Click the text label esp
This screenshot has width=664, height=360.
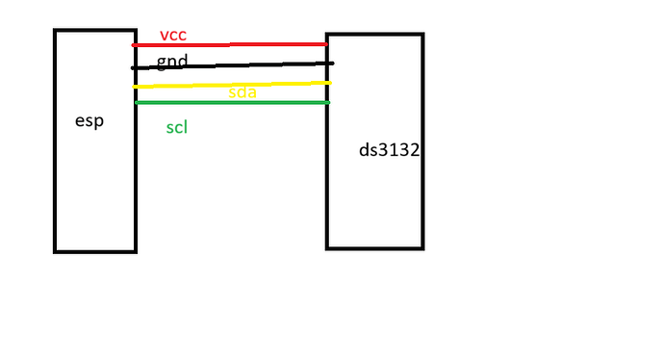[x=89, y=121]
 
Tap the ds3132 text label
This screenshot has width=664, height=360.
[x=388, y=151]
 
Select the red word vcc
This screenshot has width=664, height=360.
[x=172, y=36]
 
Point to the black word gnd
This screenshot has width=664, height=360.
[x=172, y=62]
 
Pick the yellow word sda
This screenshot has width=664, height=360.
[x=243, y=92]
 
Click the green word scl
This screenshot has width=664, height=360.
[x=176, y=127]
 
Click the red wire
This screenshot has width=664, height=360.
[x=231, y=44]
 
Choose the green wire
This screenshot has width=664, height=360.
[x=231, y=102]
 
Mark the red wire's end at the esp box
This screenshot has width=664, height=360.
[x=135, y=45]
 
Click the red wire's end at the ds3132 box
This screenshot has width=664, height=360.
[x=326, y=43]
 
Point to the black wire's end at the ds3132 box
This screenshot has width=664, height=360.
[x=331, y=64]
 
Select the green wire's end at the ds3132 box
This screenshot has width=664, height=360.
[x=327, y=102]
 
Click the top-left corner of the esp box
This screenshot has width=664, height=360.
[x=55, y=31]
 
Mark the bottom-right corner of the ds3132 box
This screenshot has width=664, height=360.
[x=421, y=247]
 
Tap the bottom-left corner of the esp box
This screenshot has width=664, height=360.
[x=55, y=251]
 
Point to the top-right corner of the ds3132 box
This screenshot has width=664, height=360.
[x=421, y=36]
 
